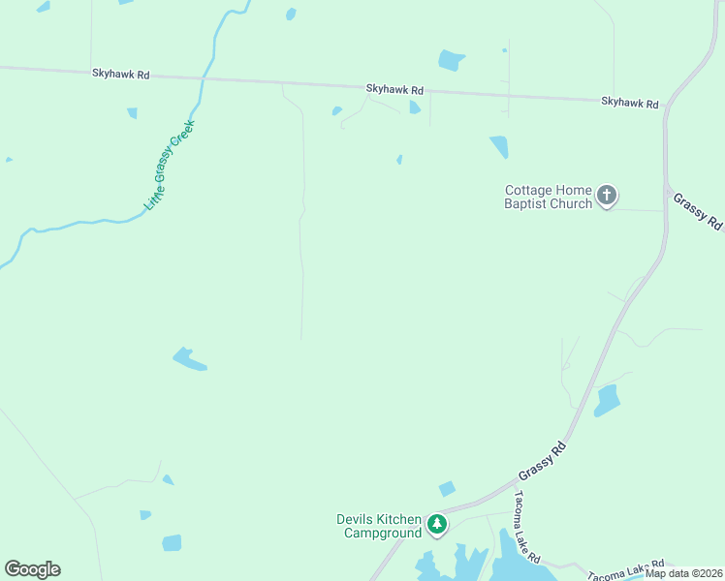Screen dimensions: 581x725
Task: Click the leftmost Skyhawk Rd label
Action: [121, 73]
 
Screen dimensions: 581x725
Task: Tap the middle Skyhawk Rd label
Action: [394, 89]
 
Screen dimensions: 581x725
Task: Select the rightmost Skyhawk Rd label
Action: [629, 102]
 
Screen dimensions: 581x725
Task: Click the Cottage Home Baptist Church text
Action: [548, 197]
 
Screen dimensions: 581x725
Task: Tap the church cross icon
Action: [606, 197]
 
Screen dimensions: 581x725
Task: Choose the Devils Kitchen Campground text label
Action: [379, 526]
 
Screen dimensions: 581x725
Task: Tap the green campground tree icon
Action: [437, 525]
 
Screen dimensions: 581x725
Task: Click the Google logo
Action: [32, 569]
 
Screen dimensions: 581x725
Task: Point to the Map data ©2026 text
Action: [683, 573]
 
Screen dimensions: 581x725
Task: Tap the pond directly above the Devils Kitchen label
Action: [447, 489]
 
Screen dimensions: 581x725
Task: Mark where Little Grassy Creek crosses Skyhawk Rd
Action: [203, 76]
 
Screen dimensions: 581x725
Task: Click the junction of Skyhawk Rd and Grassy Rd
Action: [665, 106]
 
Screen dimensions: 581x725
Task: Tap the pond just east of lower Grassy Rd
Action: [607, 400]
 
